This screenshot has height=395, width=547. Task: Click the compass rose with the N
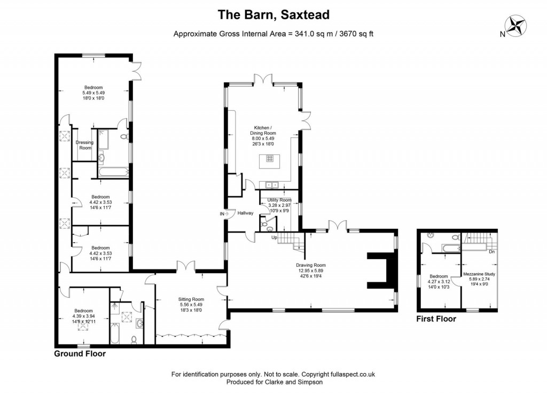coord(515,25)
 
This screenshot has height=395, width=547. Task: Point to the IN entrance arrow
coord(224,213)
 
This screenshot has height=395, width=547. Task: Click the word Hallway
coord(246,213)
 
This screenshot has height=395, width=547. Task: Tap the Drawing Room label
coord(311,265)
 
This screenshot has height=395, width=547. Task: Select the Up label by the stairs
coord(275,237)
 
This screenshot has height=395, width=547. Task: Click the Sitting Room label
coord(191,299)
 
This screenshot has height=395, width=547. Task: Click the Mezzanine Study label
coord(479,274)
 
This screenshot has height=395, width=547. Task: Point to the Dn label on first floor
coord(492,251)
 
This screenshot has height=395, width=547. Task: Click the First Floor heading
coord(436,319)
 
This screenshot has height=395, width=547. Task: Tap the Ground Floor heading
coord(80,353)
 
